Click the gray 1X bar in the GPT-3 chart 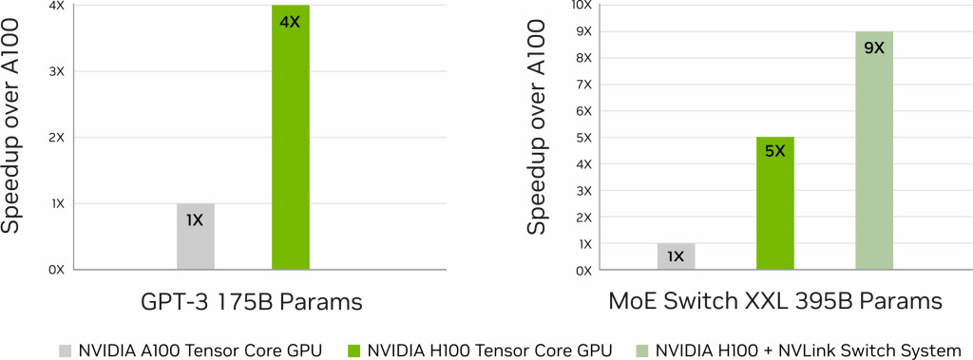click(195, 237)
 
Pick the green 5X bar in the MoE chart click(775, 203)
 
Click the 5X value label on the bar click(775, 150)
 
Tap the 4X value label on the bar click(290, 20)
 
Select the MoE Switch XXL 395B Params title click(774, 302)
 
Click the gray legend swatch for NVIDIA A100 click(66, 349)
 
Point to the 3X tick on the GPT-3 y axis click(56, 71)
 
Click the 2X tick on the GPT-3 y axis click(56, 137)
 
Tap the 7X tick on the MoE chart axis click(582, 85)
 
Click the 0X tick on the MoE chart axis click(582, 271)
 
